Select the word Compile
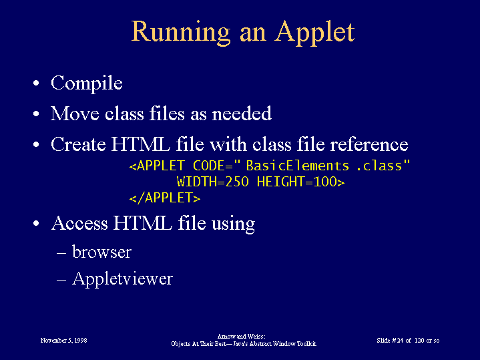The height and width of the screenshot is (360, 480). (87, 83)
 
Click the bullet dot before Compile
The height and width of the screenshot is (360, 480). (36, 83)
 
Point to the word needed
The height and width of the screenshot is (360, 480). (242, 114)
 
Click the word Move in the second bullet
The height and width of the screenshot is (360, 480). (75, 114)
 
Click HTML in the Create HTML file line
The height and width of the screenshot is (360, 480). (140, 144)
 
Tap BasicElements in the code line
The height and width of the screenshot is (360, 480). (298, 166)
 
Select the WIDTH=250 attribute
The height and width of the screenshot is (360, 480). (213, 182)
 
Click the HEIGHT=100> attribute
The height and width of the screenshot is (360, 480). (300, 182)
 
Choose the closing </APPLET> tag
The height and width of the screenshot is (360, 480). (165, 198)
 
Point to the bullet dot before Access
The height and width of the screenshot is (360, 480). (36, 223)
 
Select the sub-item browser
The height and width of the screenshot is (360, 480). (101, 252)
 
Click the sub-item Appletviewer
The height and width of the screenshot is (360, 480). (122, 279)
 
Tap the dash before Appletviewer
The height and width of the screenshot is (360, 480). (61, 280)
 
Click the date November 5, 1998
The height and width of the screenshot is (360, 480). (63, 341)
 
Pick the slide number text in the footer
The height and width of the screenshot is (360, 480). (408, 341)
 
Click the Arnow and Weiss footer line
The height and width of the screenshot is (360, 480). (241, 337)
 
